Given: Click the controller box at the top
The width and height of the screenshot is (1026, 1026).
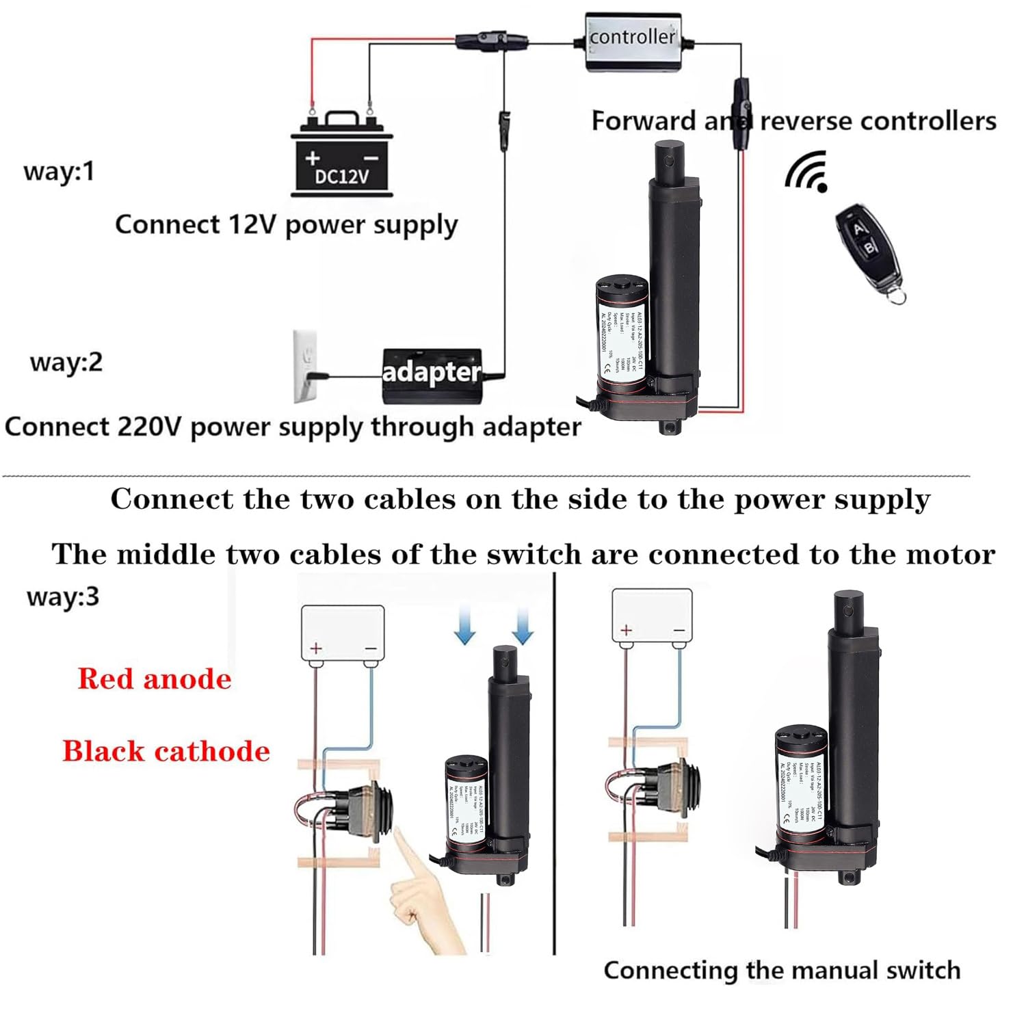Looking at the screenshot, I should click(x=633, y=41).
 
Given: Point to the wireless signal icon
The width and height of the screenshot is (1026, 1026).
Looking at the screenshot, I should click(x=808, y=172).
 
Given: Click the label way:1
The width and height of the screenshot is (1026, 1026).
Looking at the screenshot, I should click(x=59, y=171).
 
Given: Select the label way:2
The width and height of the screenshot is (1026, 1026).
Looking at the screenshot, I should click(x=66, y=362).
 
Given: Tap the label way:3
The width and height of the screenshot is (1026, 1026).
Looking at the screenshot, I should click(x=63, y=596).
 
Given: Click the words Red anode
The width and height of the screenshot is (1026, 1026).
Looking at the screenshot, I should click(x=155, y=679).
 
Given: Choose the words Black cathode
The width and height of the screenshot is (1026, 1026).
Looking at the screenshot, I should click(x=166, y=751).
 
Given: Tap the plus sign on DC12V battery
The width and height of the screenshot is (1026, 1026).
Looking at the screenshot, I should click(x=313, y=158).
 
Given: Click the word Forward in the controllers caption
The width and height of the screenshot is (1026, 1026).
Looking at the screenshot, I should click(x=643, y=121).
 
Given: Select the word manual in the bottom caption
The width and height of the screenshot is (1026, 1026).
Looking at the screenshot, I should click(x=833, y=970).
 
